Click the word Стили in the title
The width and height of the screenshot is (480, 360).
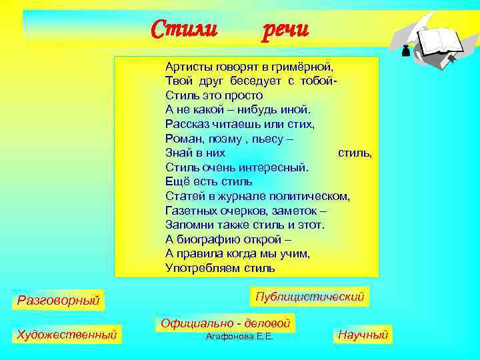(184, 29)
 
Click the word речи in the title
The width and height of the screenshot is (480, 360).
(285, 29)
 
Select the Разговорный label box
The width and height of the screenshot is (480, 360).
(58, 301)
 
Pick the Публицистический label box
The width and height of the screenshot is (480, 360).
(310, 297)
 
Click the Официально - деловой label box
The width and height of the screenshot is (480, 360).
(225, 323)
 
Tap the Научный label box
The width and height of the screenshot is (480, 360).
(363, 335)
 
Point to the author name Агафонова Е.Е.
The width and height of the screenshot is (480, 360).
(239, 337)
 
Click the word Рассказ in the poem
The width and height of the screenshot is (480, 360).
(188, 124)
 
